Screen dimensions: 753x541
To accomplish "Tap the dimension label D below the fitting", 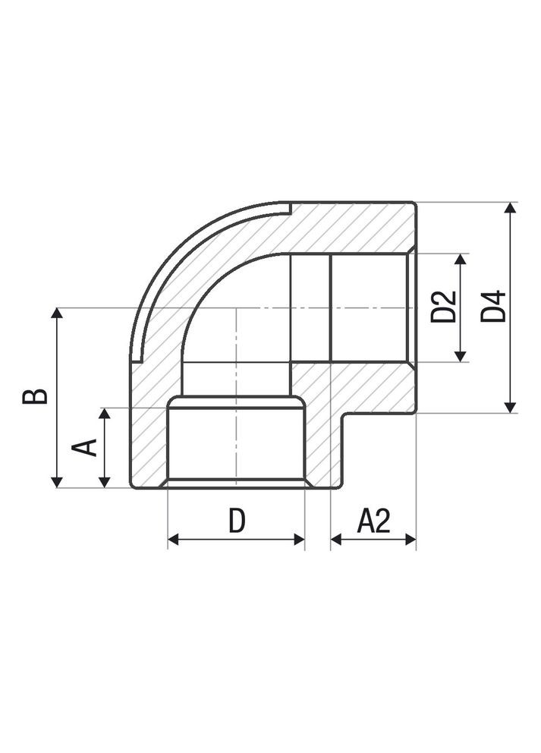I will point(237,521).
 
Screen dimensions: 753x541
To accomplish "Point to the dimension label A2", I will point(373,521).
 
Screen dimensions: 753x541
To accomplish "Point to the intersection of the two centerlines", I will point(237,308).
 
